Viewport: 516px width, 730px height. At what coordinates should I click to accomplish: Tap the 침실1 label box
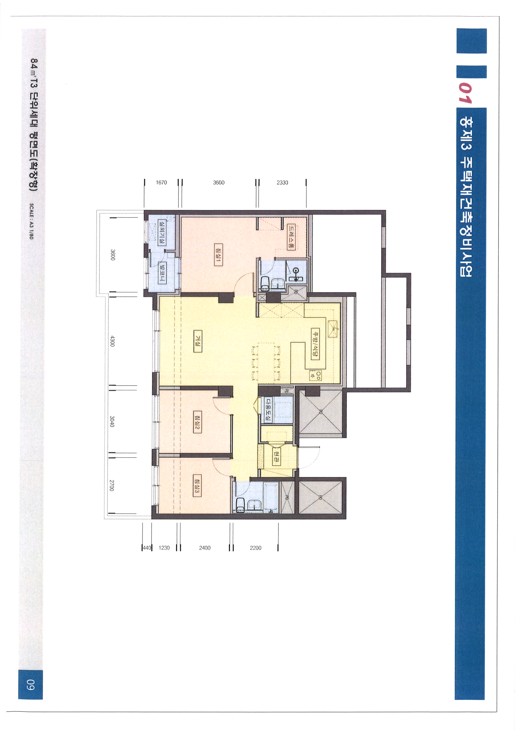218,255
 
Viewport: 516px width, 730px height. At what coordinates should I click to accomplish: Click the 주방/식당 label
315,344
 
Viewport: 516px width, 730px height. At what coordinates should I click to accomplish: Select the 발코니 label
162,272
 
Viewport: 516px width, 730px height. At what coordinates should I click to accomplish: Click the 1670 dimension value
161,183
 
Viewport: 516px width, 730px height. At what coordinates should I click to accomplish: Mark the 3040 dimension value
112,421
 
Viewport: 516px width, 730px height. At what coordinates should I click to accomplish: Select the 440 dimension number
147,548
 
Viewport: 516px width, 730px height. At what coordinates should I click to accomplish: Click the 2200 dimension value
256,548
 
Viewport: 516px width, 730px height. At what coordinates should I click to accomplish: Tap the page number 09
31,685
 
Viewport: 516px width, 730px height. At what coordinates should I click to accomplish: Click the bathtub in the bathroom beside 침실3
271,497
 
